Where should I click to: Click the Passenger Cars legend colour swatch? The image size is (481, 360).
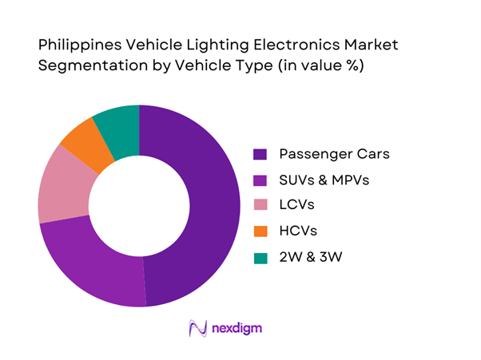[260, 154]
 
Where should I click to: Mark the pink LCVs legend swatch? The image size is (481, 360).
[260, 206]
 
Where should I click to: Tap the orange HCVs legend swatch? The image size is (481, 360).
[260, 231]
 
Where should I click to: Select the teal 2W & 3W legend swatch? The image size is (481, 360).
[260, 258]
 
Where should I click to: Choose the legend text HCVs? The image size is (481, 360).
[299, 231]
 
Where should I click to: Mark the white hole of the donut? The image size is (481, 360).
[139, 206]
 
